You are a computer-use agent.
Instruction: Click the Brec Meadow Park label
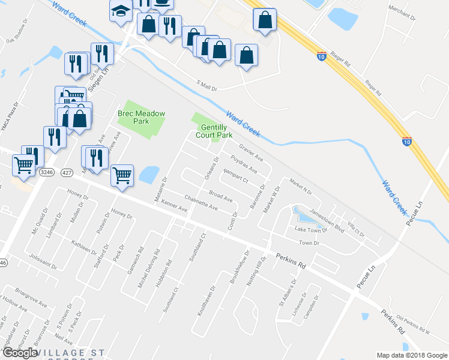(x=142, y=116)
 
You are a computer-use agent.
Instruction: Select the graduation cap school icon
(x=121, y=10)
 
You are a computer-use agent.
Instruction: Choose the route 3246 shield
(x=46, y=172)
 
